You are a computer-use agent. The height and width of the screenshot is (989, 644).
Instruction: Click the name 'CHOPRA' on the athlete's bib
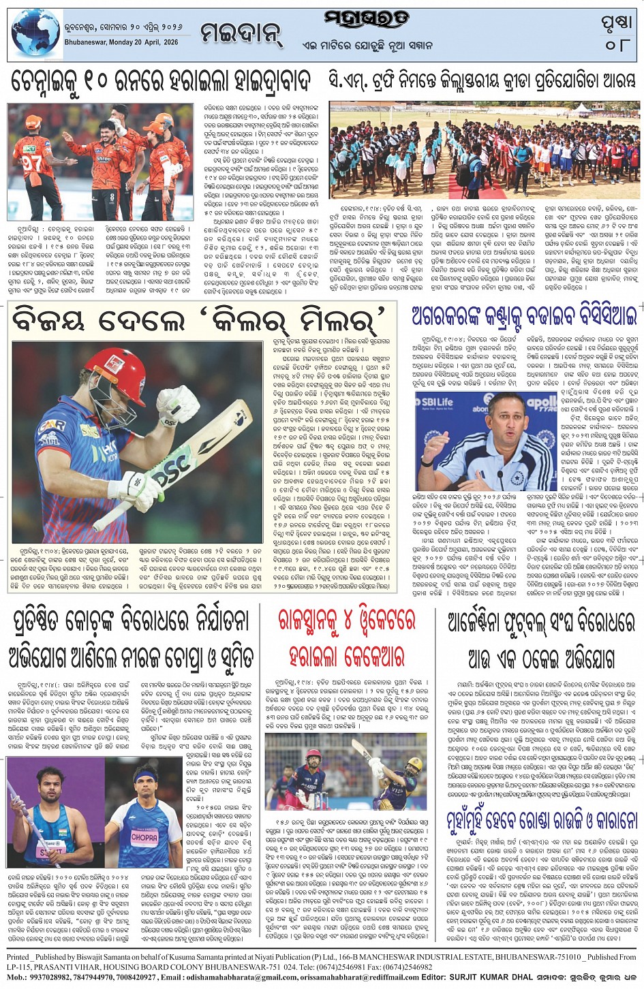143,834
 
